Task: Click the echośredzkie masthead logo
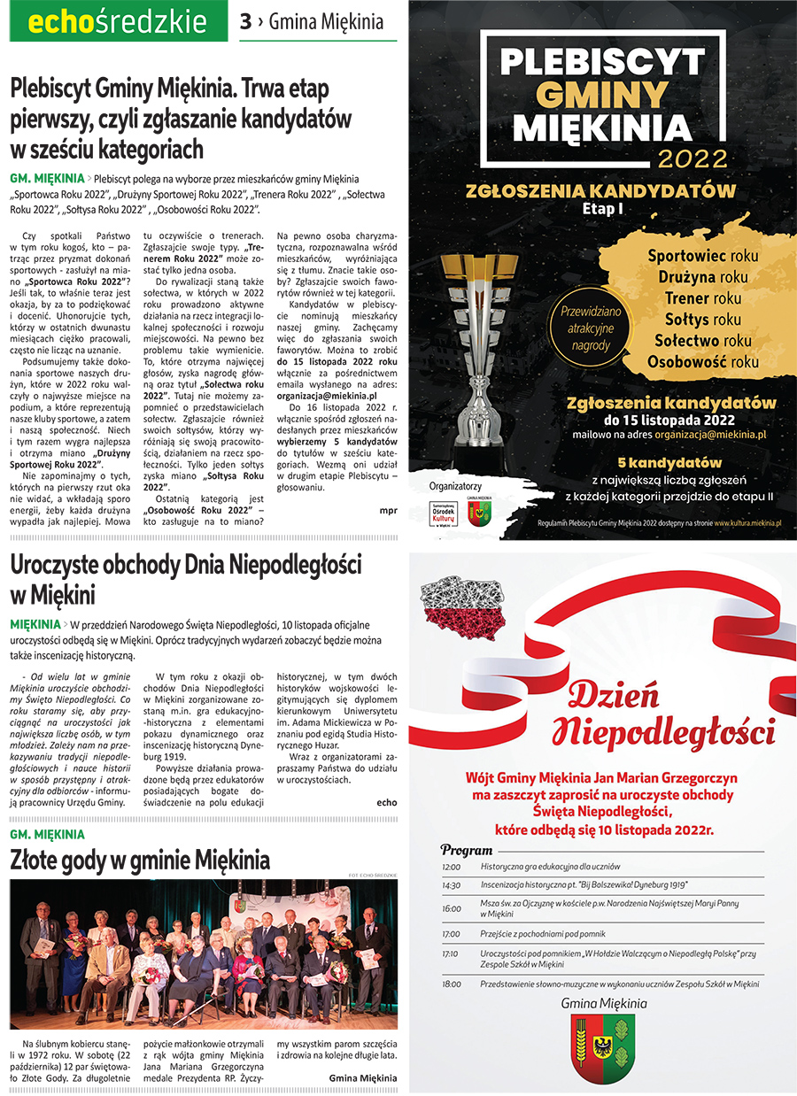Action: [117, 22]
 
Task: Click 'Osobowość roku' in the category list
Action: [702, 360]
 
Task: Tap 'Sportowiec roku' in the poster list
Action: [702, 255]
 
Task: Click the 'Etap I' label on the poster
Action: [603, 209]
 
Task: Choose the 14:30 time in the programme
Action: [451, 884]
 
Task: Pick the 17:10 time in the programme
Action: [451, 954]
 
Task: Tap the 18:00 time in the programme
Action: [451, 984]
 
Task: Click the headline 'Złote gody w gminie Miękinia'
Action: [140, 860]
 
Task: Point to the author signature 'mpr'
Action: [388, 511]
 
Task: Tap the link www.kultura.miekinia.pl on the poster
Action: [747, 523]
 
